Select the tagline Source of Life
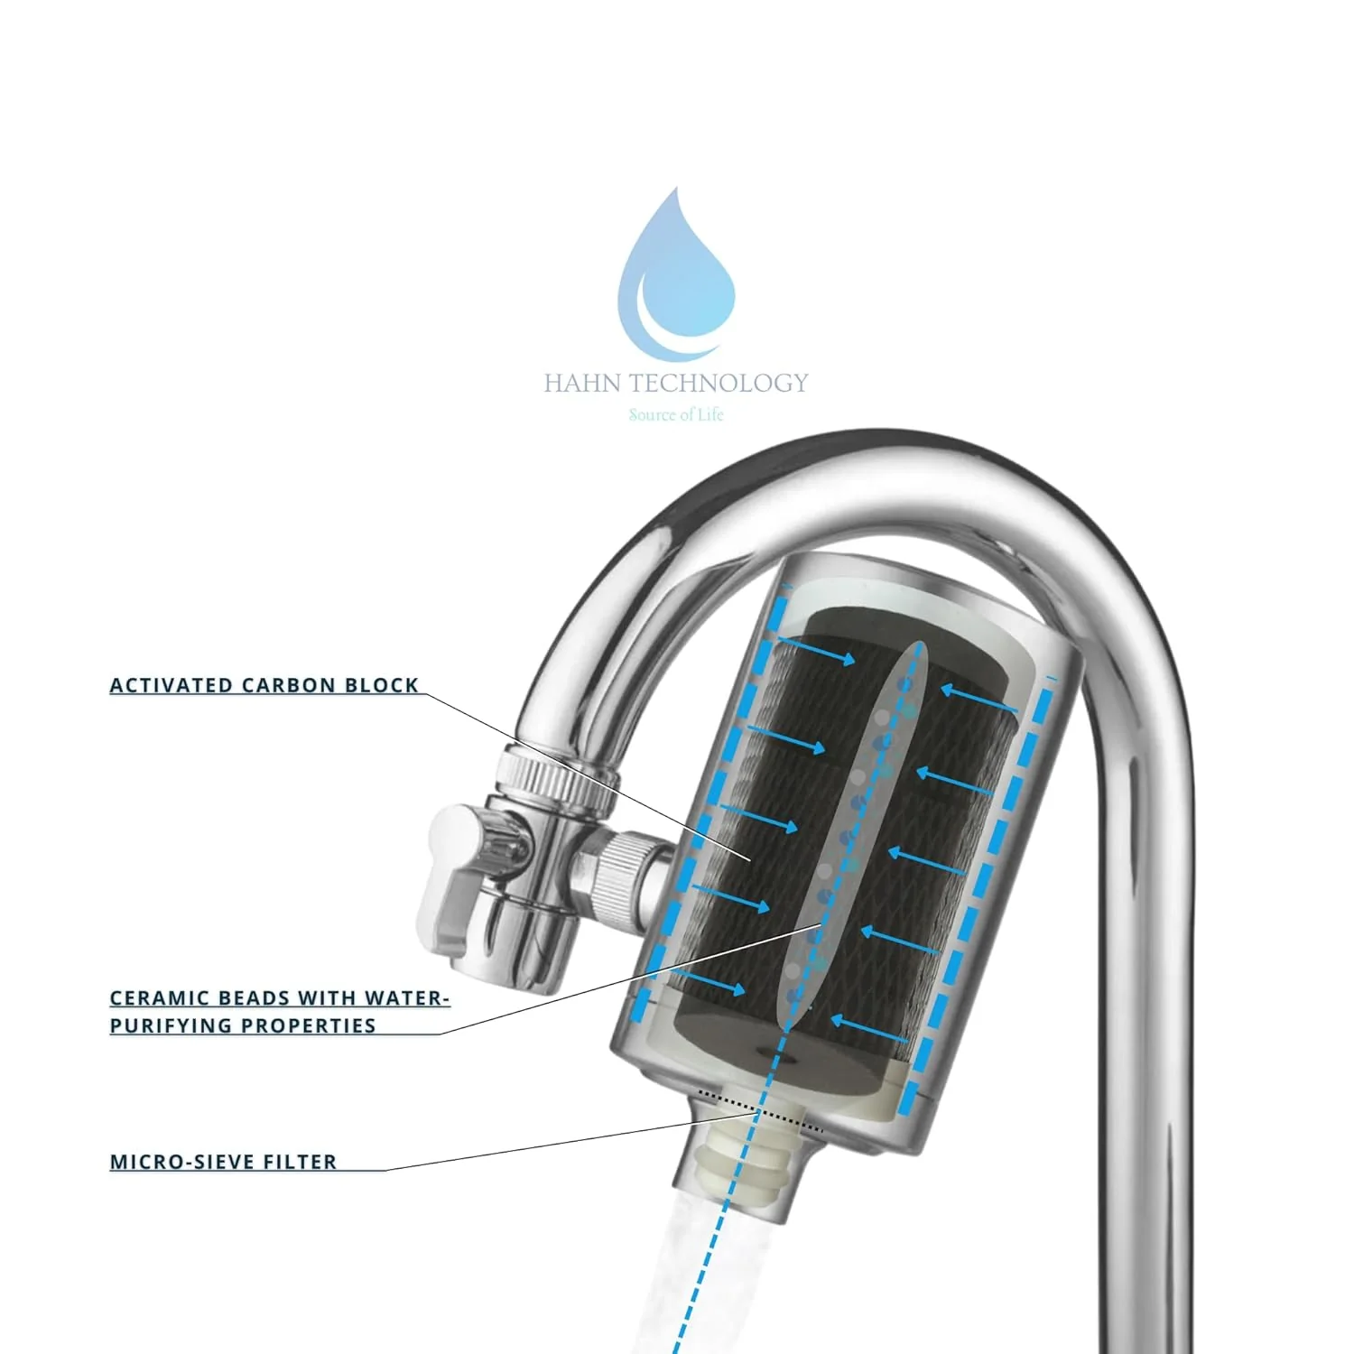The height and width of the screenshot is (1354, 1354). point(676,414)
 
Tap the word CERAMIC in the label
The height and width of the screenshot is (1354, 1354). point(154,998)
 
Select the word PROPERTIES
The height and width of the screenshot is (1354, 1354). point(312,1025)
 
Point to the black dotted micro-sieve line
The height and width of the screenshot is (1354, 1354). point(761,1111)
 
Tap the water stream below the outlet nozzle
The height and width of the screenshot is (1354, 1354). point(713,1282)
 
